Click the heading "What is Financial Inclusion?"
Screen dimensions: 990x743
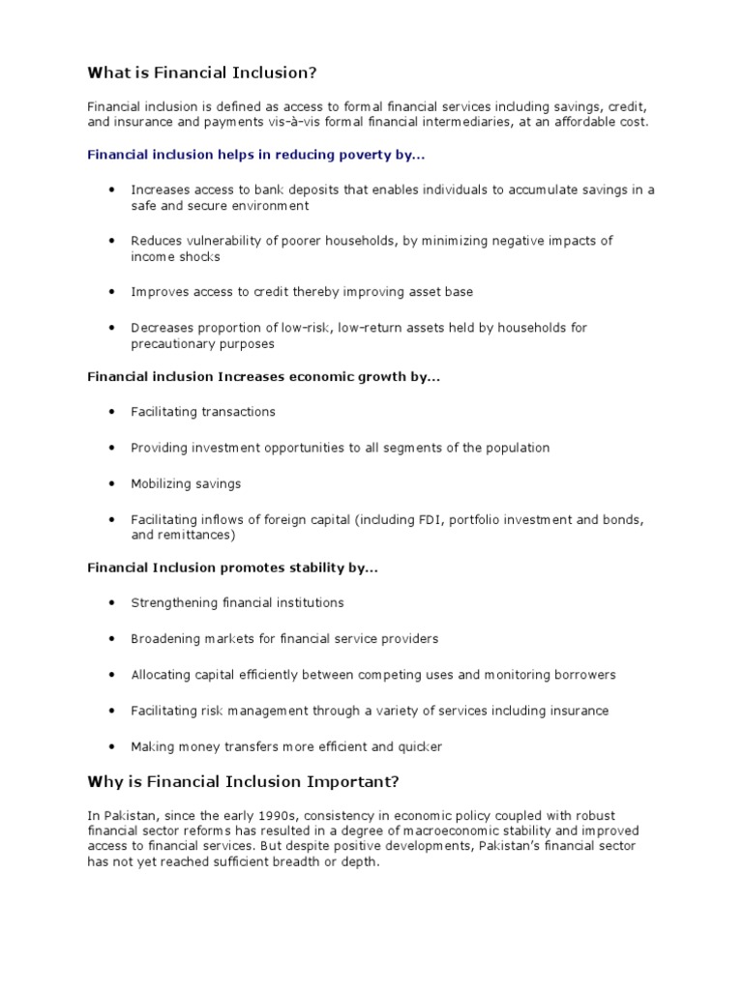tap(202, 73)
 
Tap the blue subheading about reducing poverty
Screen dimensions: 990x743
tap(255, 154)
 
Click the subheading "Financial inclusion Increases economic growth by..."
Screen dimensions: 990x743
tap(263, 376)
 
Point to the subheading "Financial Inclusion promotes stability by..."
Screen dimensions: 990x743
tap(232, 568)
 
